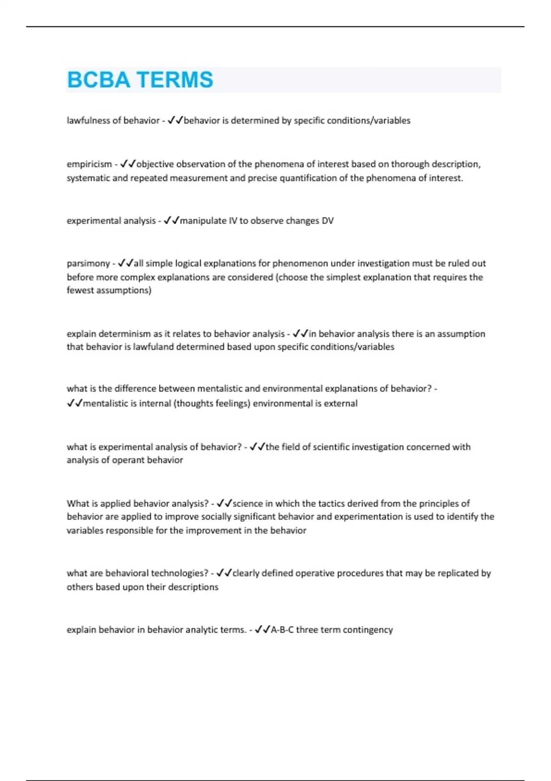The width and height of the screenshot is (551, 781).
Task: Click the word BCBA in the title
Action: [x=98, y=80]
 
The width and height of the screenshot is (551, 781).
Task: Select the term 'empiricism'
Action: [x=89, y=164]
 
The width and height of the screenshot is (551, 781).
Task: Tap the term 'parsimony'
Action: [x=88, y=263]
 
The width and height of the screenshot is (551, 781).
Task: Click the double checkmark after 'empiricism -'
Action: [x=128, y=164]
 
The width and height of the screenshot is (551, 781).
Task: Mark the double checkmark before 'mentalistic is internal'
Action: [x=74, y=403]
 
